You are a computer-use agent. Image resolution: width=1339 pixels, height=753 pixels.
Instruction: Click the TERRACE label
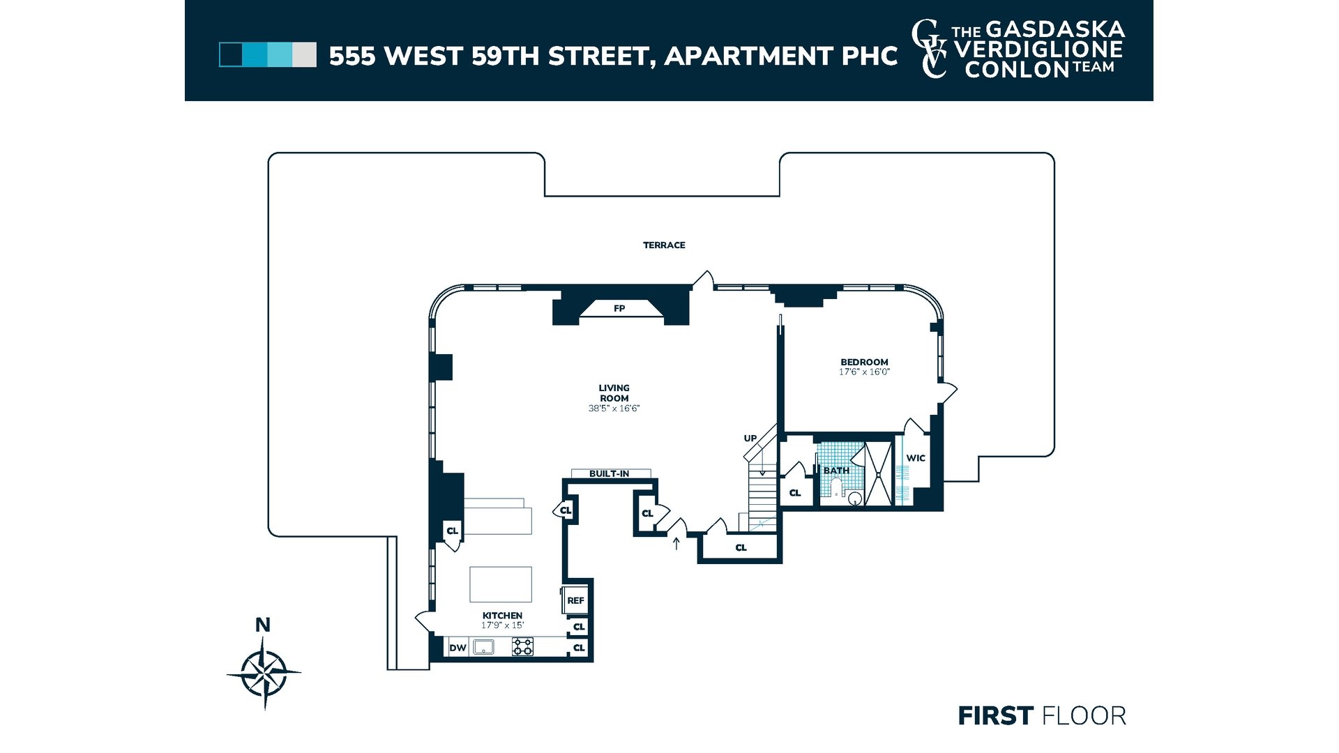[664, 245]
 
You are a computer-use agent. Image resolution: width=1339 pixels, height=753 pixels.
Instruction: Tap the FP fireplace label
[619, 308]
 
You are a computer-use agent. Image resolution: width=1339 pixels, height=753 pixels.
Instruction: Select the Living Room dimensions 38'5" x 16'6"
[614, 409]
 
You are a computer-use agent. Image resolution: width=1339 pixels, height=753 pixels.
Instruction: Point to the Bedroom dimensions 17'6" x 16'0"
[864, 372]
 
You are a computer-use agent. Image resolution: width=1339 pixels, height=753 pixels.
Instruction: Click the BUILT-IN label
[610, 474]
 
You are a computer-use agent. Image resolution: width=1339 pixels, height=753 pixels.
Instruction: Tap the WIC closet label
[916, 458]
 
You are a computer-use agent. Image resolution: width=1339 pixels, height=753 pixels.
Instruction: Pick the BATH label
[836, 471]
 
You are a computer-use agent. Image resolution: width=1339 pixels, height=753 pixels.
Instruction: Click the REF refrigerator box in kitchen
[575, 600]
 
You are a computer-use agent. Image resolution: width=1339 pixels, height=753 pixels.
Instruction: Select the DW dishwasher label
[457, 648]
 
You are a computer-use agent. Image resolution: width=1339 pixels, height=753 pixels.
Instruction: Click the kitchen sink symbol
[483, 648]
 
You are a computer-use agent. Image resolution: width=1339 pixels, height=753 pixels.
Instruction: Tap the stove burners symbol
[523, 647]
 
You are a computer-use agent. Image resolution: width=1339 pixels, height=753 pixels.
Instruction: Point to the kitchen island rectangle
[501, 584]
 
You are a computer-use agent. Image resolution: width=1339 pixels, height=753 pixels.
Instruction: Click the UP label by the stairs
[750, 439]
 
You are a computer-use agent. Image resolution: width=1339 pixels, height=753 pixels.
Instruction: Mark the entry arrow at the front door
[676, 543]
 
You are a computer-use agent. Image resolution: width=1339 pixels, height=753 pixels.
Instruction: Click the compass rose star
[264, 674]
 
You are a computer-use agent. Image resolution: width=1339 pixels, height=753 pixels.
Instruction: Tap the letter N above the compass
[263, 625]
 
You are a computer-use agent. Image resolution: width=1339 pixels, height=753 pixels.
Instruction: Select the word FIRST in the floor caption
[996, 716]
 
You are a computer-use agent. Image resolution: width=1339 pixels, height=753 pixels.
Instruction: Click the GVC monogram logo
[930, 49]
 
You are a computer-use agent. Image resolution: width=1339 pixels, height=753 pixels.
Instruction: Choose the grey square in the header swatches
[304, 55]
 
